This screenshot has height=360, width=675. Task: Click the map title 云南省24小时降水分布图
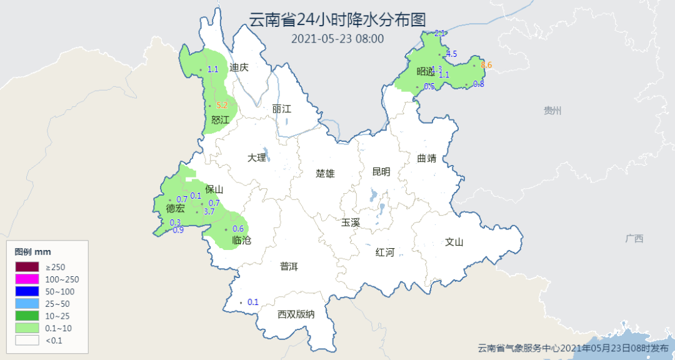tap(337, 19)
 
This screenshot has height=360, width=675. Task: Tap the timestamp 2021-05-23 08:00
tap(337, 39)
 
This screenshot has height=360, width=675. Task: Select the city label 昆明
tap(381, 172)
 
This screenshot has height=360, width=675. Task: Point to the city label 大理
tap(256, 158)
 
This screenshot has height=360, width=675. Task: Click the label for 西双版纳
tap(296, 314)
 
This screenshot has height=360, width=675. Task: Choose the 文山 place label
tap(454, 242)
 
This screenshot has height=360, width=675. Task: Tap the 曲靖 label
tap(427, 158)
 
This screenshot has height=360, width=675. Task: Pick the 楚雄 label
tap(325, 174)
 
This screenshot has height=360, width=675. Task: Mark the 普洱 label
tap(289, 267)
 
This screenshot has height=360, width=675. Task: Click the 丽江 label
tap(282, 109)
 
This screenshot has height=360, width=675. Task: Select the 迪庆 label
tap(239, 67)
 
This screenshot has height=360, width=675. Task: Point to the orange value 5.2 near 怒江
tap(221, 106)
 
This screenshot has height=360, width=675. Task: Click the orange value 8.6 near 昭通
tap(486, 65)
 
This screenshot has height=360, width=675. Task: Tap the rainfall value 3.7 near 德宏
tap(209, 212)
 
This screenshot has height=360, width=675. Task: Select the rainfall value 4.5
tap(451, 54)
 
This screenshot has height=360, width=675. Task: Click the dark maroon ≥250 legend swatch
tap(27, 267)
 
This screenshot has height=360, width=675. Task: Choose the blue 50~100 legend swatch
tap(27, 291)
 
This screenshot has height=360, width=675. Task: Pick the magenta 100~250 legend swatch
tap(27, 279)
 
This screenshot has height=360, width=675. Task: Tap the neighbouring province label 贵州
tap(552, 111)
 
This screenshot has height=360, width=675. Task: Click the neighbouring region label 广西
tap(634, 239)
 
